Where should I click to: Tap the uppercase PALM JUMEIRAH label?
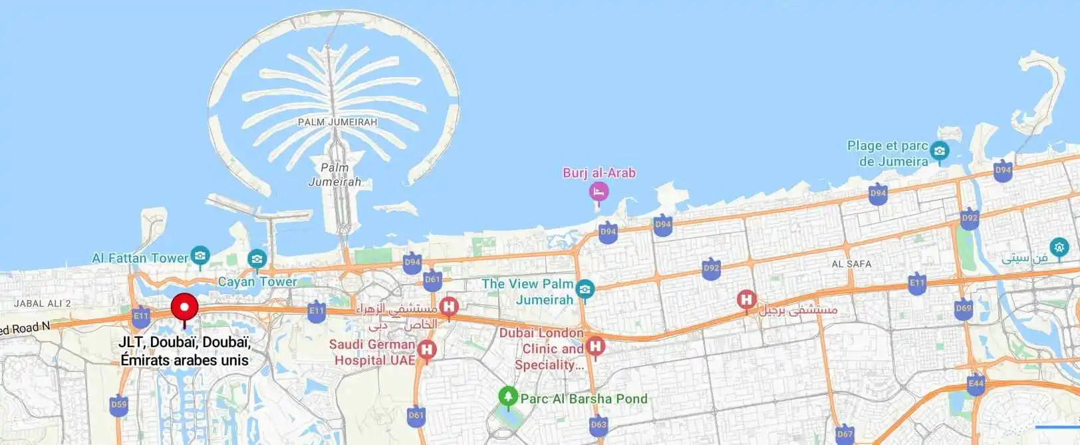click(337, 122)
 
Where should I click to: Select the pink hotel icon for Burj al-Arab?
click(599, 192)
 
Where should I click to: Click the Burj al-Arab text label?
click(599, 173)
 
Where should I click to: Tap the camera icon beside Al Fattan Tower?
click(200, 255)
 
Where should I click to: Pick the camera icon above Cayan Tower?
click(257, 259)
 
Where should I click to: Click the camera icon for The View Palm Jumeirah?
click(585, 289)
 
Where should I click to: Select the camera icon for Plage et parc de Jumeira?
click(939, 151)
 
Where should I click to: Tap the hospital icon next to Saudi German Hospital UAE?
click(426, 349)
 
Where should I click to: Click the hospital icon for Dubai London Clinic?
click(596, 346)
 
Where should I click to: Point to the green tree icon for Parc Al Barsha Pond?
click(508, 397)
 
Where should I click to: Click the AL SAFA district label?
click(851, 264)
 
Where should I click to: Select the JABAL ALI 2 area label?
click(43, 303)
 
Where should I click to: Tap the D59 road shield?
click(119, 404)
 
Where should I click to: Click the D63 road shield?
click(599, 424)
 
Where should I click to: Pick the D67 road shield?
click(845, 434)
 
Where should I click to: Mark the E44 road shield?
click(976, 384)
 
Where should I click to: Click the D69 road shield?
click(964, 309)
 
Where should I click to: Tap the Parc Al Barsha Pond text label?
click(583, 398)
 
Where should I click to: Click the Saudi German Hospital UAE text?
click(372, 353)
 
